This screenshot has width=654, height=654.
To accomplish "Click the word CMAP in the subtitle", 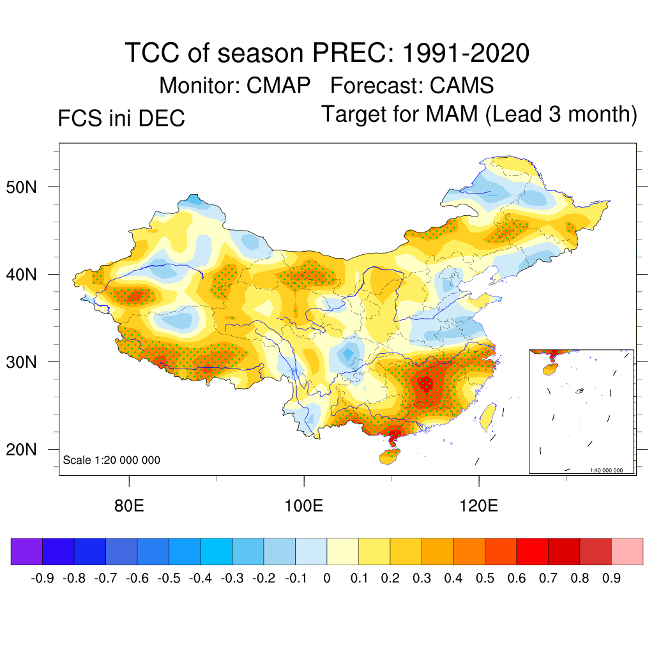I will pyautogui.click(x=279, y=85).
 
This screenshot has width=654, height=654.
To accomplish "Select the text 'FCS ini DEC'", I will pyautogui.click(x=121, y=119).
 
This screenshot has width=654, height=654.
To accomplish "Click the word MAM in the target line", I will pyautogui.click(x=453, y=114).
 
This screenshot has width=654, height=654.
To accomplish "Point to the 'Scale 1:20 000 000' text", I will pyautogui.click(x=112, y=460).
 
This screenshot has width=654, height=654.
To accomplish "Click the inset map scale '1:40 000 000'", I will pyautogui.click(x=606, y=471).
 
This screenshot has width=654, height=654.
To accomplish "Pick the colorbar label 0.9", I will pyautogui.click(x=611, y=579).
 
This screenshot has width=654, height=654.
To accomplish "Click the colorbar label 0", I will pyautogui.click(x=326, y=579).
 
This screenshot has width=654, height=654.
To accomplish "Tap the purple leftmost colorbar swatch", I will pyautogui.click(x=27, y=552).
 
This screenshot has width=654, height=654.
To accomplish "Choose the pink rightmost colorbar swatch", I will pyautogui.click(x=627, y=552).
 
